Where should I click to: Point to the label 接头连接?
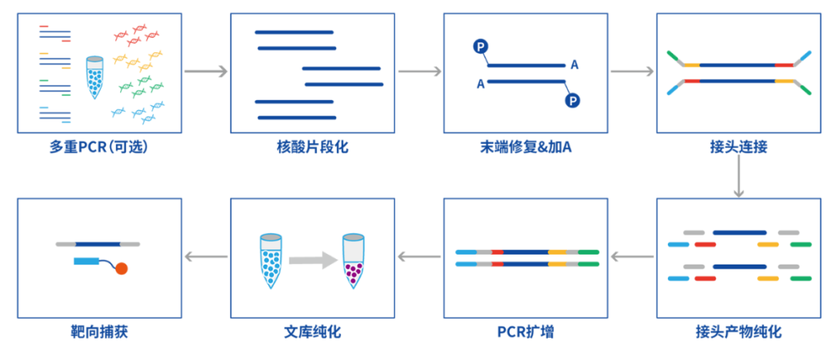coord(739,146)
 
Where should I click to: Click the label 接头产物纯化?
coord(739,332)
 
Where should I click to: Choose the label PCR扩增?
coord(526,332)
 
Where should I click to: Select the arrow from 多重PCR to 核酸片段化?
coord(206,72)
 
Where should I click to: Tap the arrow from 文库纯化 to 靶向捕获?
coord(206,258)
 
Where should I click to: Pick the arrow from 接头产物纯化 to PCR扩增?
coord(632,258)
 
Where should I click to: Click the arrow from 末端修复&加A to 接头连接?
coord(632,72)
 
